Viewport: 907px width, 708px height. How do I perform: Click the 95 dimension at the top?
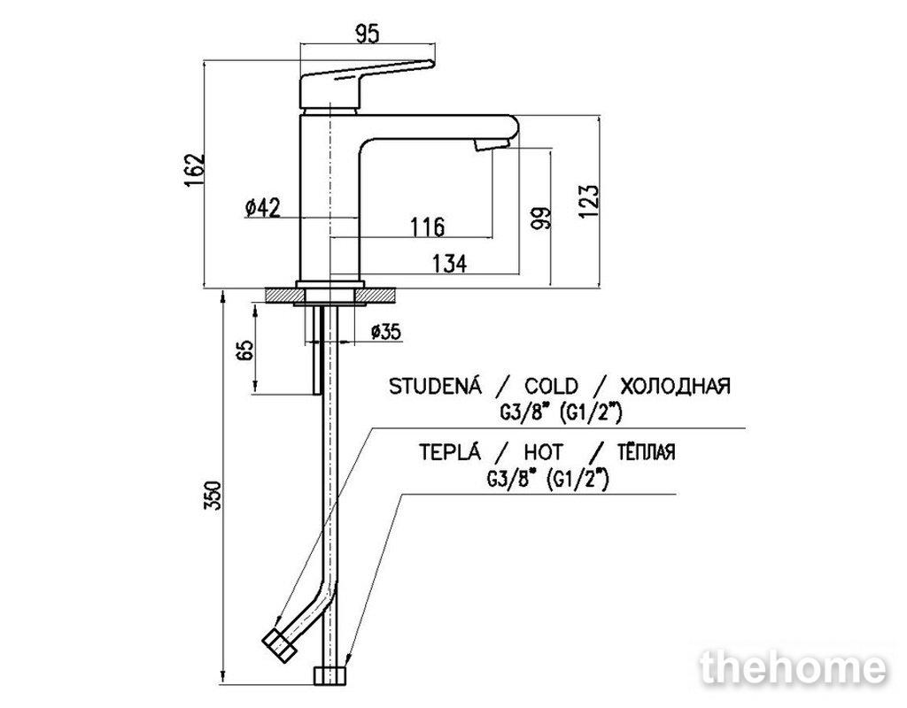(x=367, y=35)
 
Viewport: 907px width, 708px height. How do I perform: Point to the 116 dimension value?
(x=428, y=227)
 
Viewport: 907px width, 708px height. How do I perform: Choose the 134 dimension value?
(x=449, y=264)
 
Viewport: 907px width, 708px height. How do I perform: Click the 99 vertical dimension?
(x=541, y=219)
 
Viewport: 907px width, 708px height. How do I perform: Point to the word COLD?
(x=551, y=386)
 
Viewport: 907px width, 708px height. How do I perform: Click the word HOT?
(x=543, y=451)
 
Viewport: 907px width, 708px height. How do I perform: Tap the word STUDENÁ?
(x=435, y=385)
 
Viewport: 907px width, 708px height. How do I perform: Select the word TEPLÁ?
(x=450, y=450)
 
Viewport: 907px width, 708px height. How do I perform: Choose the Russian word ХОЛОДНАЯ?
(x=675, y=386)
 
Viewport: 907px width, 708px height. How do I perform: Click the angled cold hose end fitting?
(x=279, y=645)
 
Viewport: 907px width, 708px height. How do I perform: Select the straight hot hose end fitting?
(x=331, y=676)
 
